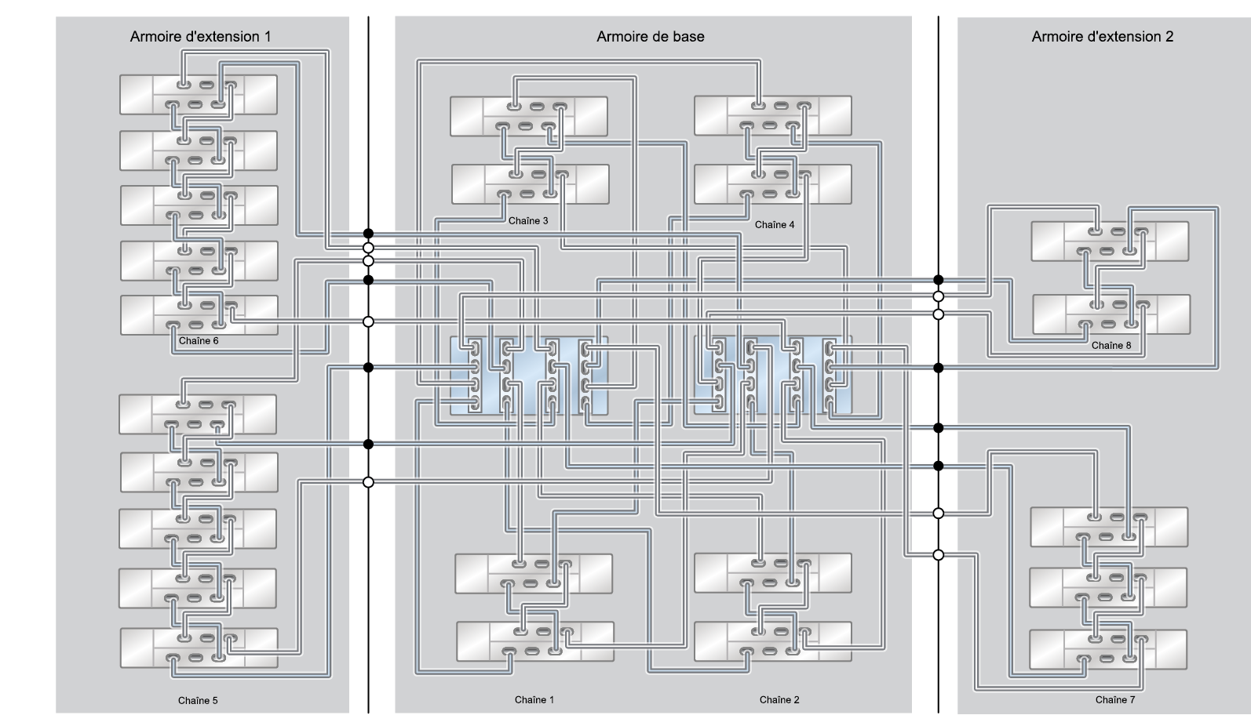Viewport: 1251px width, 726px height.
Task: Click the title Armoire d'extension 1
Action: point(200,36)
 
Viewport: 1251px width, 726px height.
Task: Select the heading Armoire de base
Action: point(650,36)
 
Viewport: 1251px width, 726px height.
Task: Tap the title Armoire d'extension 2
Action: point(1102,36)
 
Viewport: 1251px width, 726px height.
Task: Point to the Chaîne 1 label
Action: point(534,699)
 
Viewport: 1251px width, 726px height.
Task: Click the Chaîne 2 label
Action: point(779,699)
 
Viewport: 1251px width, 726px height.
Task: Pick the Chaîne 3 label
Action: point(527,220)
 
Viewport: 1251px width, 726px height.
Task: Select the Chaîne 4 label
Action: point(774,224)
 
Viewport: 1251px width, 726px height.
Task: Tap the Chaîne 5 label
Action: point(198,700)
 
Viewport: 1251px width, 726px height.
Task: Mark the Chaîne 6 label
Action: point(199,340)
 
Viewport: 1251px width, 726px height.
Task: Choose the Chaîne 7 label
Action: point(1114,699)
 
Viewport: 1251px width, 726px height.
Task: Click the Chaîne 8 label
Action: point(1111,345)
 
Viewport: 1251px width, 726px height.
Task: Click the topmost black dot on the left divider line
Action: point(368,233)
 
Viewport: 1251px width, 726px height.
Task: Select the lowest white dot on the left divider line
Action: point(368,482)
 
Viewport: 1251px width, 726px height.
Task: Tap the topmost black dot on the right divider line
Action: point(938,280)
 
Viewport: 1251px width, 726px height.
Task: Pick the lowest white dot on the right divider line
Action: point(938,555)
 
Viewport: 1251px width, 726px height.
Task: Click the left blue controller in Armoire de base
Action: point(529,376)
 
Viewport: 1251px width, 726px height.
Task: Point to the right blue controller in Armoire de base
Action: point(772,376)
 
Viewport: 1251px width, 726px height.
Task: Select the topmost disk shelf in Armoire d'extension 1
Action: point(198,94)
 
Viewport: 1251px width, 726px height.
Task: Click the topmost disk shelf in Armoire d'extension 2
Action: point(1109,241)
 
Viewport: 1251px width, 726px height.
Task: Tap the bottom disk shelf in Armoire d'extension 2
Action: point(1107,649)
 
